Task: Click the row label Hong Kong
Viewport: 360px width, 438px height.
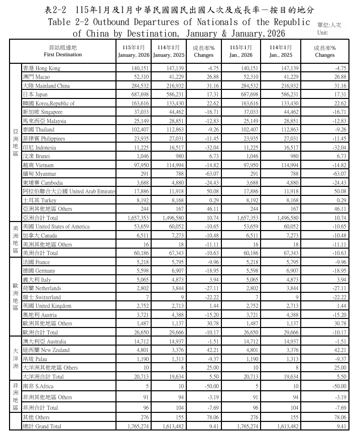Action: (42, 68)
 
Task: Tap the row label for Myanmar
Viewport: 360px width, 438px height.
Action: (39, 174)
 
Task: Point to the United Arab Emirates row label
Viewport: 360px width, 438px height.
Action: (69, 191)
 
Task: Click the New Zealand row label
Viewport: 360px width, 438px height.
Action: (47, 350)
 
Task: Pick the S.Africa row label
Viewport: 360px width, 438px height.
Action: (38, 386)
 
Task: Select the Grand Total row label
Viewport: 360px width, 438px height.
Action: (42, 426)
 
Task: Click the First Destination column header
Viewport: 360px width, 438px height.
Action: (63, 51)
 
